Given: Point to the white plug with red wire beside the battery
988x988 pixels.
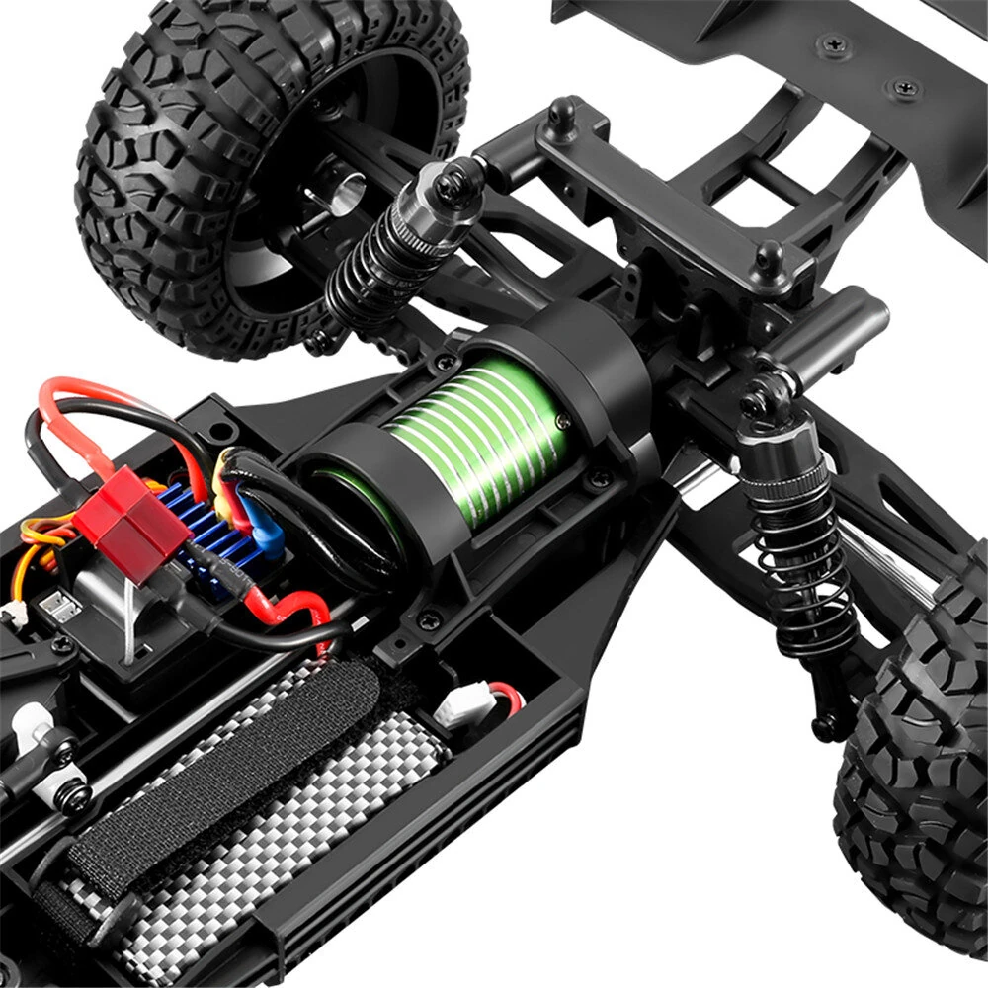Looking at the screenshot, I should [464, 706].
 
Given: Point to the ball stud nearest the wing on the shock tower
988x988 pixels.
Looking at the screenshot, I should [768, 258].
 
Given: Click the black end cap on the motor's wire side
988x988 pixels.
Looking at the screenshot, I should [346, 494].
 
